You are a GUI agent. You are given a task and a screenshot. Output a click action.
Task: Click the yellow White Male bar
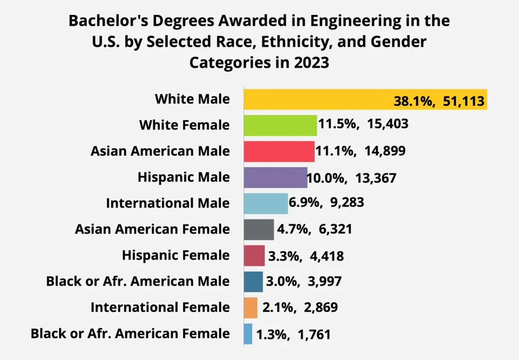[311, 99]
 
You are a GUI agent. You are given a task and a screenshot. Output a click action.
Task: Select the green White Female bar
[280, 125]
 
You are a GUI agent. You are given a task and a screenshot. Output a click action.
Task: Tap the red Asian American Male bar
[279, 151]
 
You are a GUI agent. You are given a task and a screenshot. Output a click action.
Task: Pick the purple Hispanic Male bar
[276, 177]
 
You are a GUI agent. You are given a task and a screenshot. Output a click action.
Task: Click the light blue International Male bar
[266, 203]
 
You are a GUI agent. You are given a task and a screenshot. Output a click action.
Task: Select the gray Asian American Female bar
[258, 229]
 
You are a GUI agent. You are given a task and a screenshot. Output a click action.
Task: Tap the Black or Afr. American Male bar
[253, 282]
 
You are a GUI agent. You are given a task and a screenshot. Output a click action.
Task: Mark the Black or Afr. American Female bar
[248, 334]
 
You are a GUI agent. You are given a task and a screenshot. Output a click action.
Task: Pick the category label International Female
[160, 308]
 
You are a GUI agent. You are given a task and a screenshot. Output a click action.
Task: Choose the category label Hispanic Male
[184, 177]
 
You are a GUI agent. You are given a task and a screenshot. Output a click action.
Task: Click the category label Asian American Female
[152, 229]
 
